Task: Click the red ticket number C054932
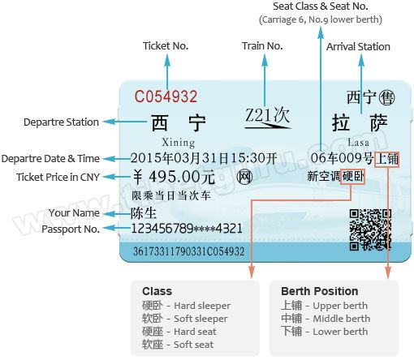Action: (166, 96)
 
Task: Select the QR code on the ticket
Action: (370, 229)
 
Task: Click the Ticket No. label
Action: (166, 46)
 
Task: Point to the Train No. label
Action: (262, 46)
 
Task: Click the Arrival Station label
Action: (358, 47)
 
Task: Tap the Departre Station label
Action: (61, 122)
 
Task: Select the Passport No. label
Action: (71, 229)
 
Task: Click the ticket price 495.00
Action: (174, 177)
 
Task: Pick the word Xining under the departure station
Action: (179, 143)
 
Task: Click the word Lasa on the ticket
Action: (358, 142)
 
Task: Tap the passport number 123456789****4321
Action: (187, 229)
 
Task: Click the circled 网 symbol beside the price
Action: (244, 178)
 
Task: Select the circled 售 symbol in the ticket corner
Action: (386, 97)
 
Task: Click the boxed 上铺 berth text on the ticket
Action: (387, 159)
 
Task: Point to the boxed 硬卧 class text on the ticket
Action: (352, 177)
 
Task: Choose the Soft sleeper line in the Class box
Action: (185, 319)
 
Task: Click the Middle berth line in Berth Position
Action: (326, 319)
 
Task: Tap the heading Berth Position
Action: (320, 291)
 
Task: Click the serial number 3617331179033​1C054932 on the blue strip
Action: (189, 251)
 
